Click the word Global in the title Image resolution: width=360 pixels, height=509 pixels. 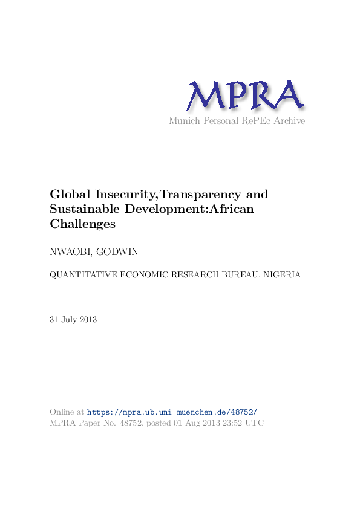[68, 195]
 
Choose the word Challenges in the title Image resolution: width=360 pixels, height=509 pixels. [82, 224]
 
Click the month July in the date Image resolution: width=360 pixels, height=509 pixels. [69, 319]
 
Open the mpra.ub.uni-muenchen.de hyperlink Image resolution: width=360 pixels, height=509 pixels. [172, 412]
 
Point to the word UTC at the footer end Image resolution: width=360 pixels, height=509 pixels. [255, 423]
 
